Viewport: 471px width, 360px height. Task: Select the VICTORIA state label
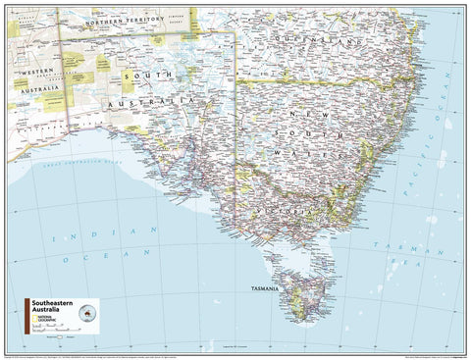tap(289, 211)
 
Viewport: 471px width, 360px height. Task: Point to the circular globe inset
tap(93, 311)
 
